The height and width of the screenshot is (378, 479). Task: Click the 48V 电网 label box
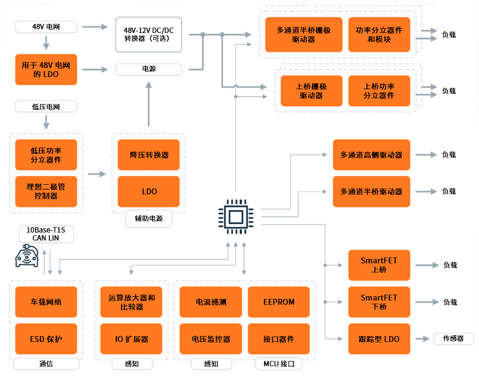click(x=46, y=27)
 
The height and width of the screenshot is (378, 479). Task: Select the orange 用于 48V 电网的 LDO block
click(x=46, y=70)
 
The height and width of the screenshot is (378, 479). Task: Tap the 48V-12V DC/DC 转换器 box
click(x=149, y=35)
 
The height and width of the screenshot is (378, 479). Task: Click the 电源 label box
click(x=149, y=70)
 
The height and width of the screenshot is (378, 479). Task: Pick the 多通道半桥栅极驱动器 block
click(x=304, y=35)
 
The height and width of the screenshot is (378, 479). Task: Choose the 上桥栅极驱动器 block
click(x=311, y=91)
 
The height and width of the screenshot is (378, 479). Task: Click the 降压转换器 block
click(x=149, y=155)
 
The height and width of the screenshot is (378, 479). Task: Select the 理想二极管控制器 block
click(x=46, y=192)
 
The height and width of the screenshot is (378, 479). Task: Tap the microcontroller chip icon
click(x=236, y=217)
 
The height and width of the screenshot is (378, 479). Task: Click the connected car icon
click(x=27, y=256)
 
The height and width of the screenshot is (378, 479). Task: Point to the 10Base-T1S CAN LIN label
click(x=46, y=234)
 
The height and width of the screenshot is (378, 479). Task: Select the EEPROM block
click(x=279, y=302)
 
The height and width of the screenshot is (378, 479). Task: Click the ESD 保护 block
click(x=46, y=339)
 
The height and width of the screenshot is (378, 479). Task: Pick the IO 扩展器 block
click(x=131, y=339)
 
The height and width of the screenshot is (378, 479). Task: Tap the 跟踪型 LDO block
click(x=379, y=339)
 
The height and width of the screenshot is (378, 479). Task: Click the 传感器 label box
click(x=454, y=339)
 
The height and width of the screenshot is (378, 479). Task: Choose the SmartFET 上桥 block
click(x=379, y=265)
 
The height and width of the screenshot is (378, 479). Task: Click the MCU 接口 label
click(x=279, y=364)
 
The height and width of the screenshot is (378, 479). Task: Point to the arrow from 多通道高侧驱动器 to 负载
click(x=426, y=155)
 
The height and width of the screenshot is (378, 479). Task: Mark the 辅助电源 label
click(x=149, y=219)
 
